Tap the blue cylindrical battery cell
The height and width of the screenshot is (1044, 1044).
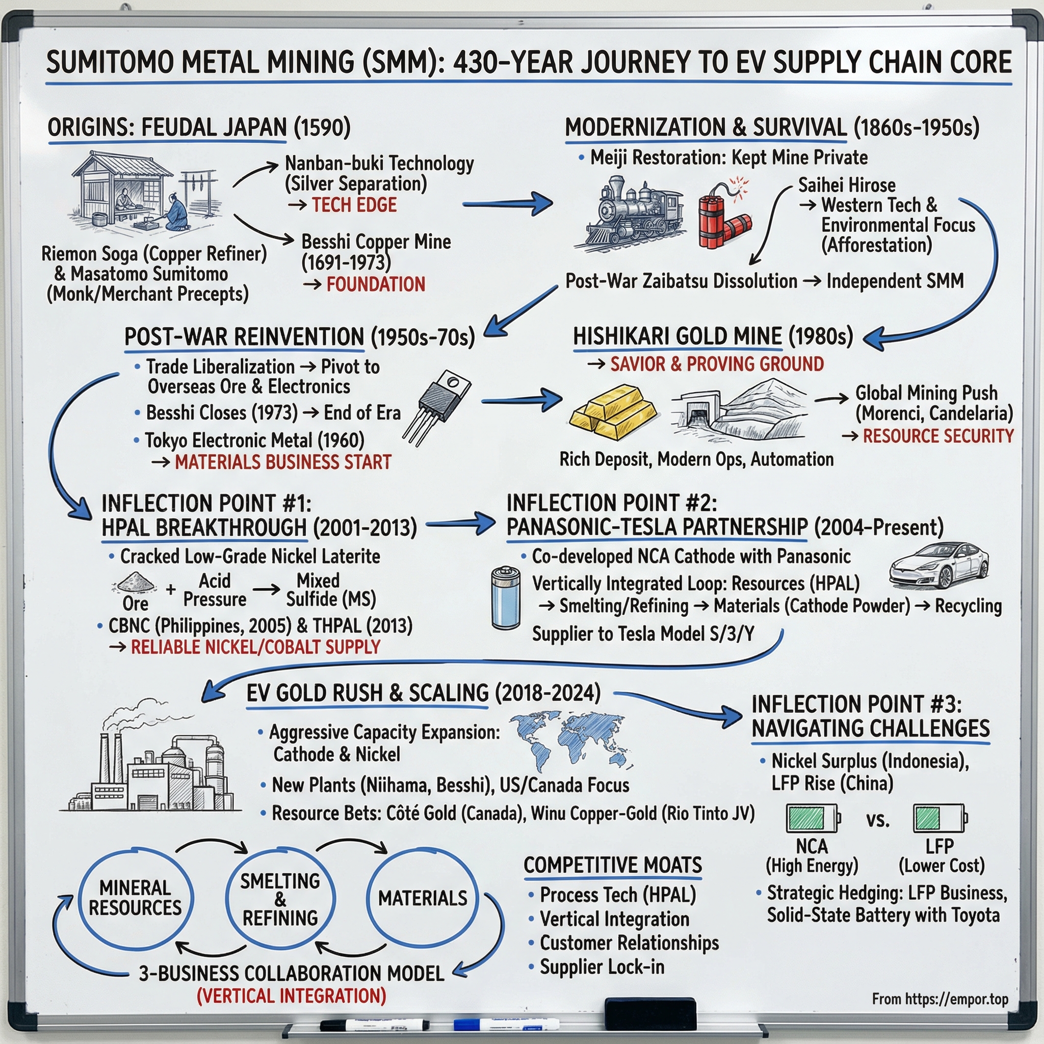(x=506, y=597)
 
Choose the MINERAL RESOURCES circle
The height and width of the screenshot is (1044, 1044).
(x=135, y=899)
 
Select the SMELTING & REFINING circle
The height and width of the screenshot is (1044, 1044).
(x=280, y=899)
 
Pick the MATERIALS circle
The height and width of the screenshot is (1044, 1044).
(x=423, y=899)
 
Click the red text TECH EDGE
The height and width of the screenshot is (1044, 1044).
(x=354, y=205)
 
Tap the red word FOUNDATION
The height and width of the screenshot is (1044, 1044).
(x=376, y=285)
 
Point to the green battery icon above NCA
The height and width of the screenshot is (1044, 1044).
(x=812, y=818)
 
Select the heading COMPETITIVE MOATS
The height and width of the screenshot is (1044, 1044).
(x=613, y=866)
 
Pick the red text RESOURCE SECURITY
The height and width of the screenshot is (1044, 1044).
(x=938, y=436)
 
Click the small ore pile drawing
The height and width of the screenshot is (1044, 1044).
(x=134, y=583)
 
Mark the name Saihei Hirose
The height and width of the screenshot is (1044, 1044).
(x=847, y=186)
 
